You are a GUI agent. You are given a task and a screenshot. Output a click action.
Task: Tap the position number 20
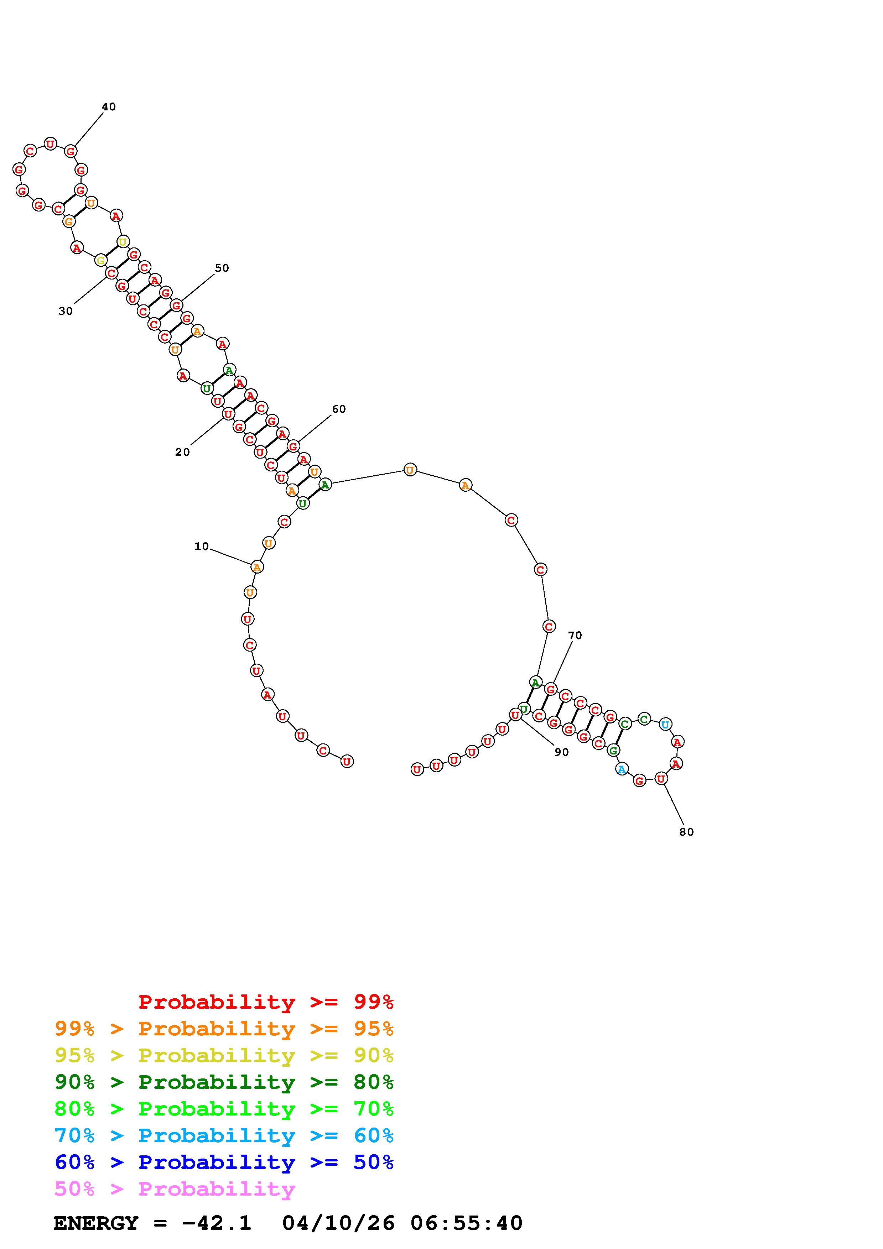(182, 452)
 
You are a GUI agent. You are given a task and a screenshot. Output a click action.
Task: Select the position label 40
(109, 106)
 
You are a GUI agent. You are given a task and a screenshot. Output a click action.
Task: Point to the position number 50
(222, 268)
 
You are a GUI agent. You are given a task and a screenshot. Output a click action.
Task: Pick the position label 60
(338, 409)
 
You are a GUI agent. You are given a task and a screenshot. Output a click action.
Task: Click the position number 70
(575, 636)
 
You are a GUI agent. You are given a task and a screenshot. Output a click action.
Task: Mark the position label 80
(687, 832)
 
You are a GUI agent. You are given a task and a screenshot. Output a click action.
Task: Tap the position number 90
(561, 752)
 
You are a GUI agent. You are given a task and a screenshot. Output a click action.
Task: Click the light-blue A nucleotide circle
(621, 769)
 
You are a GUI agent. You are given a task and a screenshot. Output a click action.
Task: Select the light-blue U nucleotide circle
(665, 724)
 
